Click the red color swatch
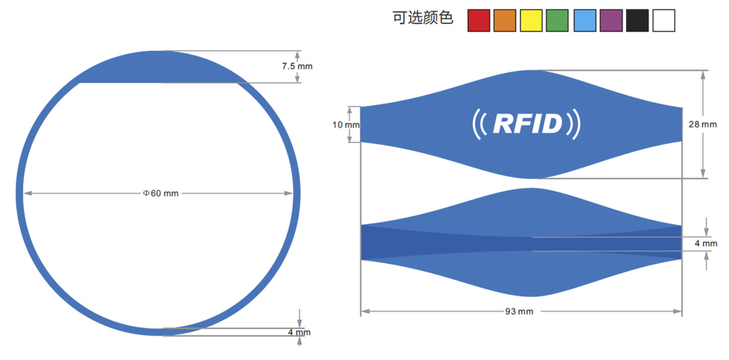click(479, 20)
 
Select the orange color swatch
click(505, 20)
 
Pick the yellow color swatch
click(531, 20)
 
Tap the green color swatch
click(557, 20)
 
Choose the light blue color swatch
click(585, 20)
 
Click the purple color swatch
click(611, 20)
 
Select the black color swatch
click(637, 20)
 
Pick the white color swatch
click(664, 20)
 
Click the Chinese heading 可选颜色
click(423, 17)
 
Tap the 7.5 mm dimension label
click(297, 66)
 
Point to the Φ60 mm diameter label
click(161, 193)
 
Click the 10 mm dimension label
click(346, 125)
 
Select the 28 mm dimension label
click(703, 124)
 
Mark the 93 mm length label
click(519, 311)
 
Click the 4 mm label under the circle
click(299, 332)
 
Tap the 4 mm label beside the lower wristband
click(706, 243)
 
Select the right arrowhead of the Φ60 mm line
click(288, 193)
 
